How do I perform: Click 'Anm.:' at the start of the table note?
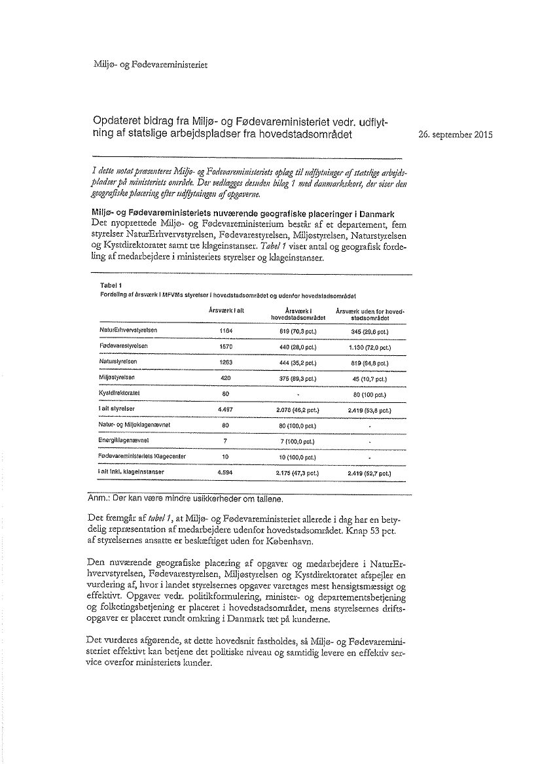[x=99, y=499]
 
